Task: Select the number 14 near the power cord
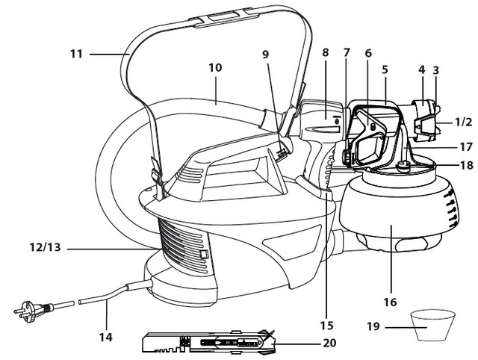pos(106,338)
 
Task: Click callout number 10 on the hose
pos(215,68)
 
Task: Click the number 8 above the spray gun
pos(325,53)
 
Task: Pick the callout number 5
pos(385,69)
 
